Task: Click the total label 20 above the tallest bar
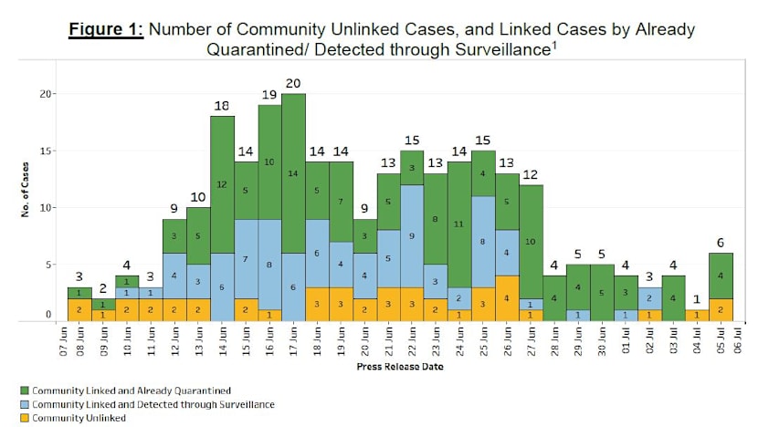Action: (293, 83)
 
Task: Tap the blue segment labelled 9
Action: (412, 235)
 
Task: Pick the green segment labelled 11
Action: (459, 224)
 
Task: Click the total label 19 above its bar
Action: (269, 94)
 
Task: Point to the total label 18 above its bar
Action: (222, 106)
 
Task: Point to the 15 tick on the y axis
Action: (49, 151)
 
